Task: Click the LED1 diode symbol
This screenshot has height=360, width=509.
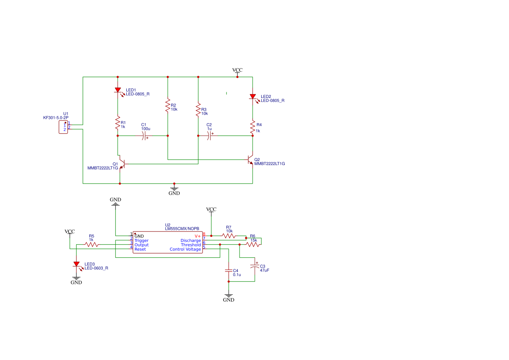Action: point(118,91)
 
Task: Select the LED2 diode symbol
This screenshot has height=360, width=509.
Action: point(253,97)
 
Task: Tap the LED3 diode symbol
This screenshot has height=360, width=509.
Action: point(77,265)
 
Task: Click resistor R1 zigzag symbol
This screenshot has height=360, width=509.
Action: point(118,123)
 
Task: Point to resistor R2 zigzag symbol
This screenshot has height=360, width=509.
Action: point(168,106)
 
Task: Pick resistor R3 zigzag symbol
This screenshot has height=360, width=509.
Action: point(199,110)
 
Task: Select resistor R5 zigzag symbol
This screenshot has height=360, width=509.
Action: point(92,245)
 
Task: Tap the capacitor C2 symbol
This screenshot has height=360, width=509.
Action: point(210,136)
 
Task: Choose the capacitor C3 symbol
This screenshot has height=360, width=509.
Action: point(255,266)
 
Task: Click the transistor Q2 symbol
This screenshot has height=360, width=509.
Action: point(250,159)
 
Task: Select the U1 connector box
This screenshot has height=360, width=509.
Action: point(63,127)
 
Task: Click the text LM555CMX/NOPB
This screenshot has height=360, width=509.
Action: point(182,229)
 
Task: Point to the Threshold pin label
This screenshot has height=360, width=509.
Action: point(191,245)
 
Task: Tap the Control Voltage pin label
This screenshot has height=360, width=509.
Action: point(185,249)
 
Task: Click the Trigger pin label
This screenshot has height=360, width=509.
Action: point(142,241)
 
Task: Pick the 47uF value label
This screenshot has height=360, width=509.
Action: point(265,270)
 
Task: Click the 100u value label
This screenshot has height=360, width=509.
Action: point(146,129)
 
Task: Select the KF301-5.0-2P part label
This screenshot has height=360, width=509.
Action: point(56,118)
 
